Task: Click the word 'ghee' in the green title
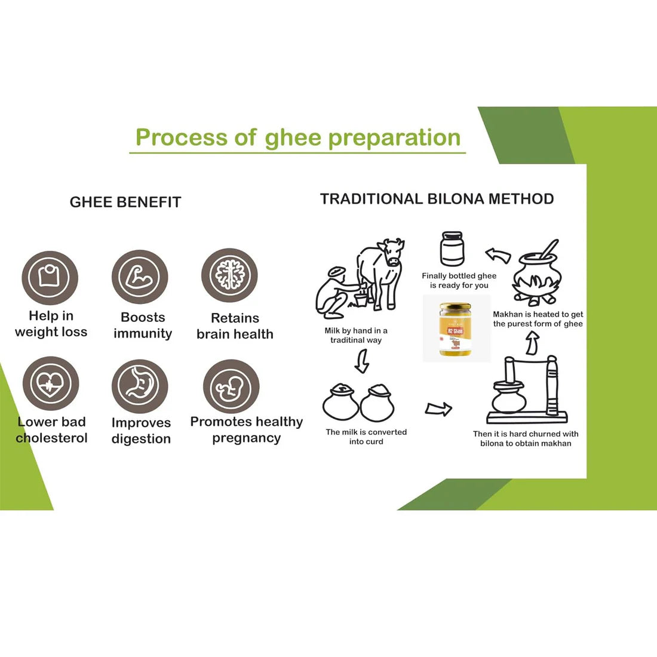tap(293, 138)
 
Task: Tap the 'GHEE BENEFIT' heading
tap(125, 202)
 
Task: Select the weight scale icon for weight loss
tap(50, 277)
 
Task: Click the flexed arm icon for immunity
tap(140, 277)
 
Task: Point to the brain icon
tap(229, 276)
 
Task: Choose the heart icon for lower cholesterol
tap(50, 383)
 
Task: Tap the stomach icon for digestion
tap(140, 385)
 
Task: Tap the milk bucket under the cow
tap(360, 299)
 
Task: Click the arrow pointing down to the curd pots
tap(361, 361)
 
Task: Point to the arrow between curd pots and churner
tap(438, 409)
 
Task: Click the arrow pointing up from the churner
tap(532, 343)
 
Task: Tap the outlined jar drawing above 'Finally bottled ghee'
tap(452, 249)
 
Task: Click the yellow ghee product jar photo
tap(456, 329)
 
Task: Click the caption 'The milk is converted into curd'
tap(366, 437)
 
